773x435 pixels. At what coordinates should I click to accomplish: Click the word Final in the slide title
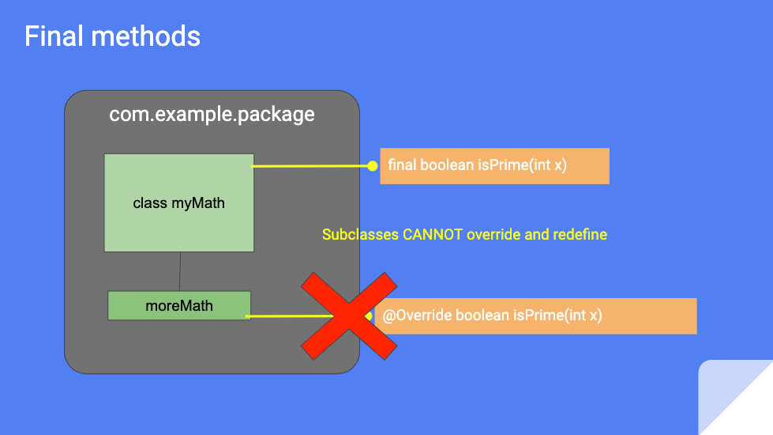tap(51, 36)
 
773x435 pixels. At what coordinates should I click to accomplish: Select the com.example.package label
tap(212, 115)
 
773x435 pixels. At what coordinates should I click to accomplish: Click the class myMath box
tap(179, 203)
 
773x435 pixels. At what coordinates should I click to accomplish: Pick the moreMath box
tap(179, 305)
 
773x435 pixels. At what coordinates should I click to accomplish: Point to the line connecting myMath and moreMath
tap(180, 271)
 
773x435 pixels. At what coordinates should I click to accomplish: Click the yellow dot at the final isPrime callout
tap(373, 166)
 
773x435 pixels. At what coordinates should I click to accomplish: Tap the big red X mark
tap(348, 317)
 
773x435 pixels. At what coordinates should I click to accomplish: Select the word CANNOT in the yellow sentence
tap(433, 235)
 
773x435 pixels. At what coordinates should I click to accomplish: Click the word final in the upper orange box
tap(403, 166)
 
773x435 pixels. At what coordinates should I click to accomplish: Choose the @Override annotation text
tap(417, 316)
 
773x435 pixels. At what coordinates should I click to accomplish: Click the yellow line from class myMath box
tap(311, 166)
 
